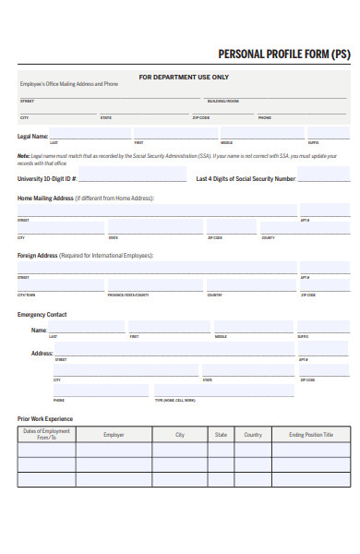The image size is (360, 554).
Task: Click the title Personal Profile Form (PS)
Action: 283,54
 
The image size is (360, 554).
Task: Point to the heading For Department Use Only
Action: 184,77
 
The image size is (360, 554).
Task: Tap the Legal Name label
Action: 32,136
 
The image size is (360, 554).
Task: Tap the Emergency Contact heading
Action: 42,314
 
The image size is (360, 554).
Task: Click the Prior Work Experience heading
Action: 45,418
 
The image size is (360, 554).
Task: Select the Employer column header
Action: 114,434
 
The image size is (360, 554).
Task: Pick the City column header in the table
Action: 180,434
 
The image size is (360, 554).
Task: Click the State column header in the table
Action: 221,434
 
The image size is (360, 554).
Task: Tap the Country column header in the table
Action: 252,434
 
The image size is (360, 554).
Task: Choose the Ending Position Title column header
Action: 310,434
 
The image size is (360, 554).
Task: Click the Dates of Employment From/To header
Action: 46,434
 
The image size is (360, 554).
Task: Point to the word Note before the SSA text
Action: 23,156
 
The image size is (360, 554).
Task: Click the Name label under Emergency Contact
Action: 39,330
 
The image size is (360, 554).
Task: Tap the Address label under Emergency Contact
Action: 42,353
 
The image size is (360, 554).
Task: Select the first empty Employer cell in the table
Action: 114,451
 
